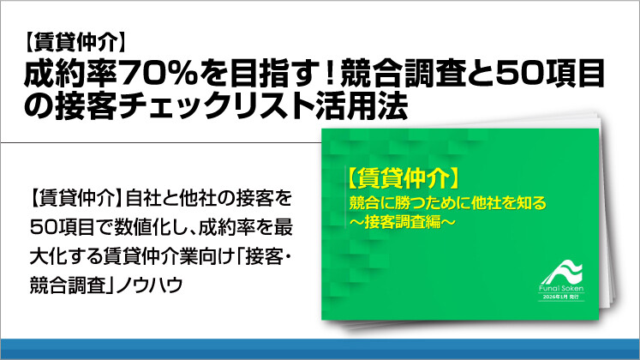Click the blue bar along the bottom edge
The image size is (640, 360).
pyautogui.click(x=320, y=350)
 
